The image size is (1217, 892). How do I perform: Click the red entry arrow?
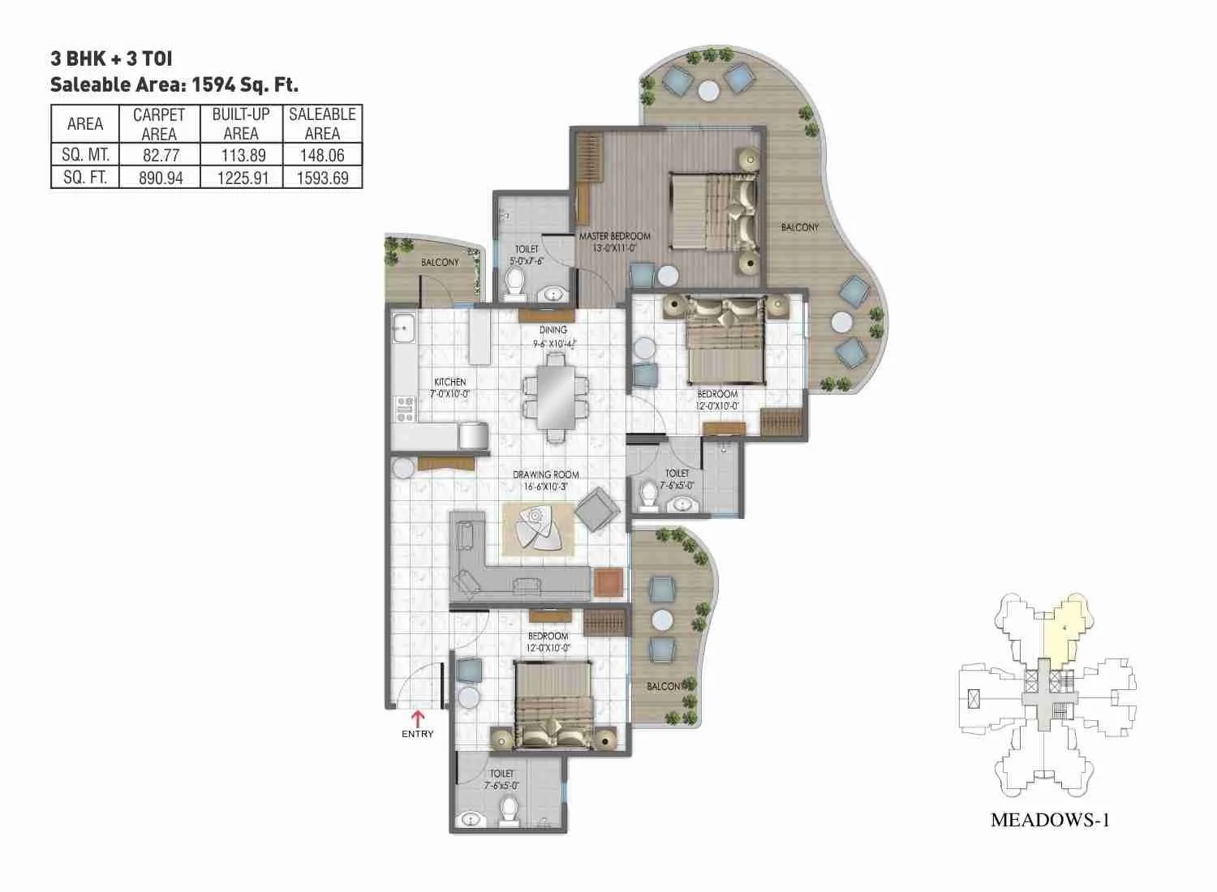418,717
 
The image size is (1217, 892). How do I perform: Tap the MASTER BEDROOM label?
614,236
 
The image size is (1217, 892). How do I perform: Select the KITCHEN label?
449,382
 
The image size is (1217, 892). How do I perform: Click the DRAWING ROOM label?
545,474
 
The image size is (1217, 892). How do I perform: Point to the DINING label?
553,330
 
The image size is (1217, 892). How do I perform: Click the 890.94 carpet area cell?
161,178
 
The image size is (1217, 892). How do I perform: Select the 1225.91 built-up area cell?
242,178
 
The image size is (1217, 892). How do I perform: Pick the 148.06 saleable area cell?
322,155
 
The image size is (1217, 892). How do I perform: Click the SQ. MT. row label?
85,155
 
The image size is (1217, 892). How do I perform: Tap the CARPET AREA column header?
159,124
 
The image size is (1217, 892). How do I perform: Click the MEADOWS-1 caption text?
1049,820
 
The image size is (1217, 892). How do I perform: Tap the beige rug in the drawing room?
539,529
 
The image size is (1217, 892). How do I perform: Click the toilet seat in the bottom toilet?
509,808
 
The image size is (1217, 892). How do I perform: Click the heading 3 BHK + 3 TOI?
111,58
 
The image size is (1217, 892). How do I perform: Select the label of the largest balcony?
799,228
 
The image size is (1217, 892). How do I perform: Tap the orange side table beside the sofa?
608,581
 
